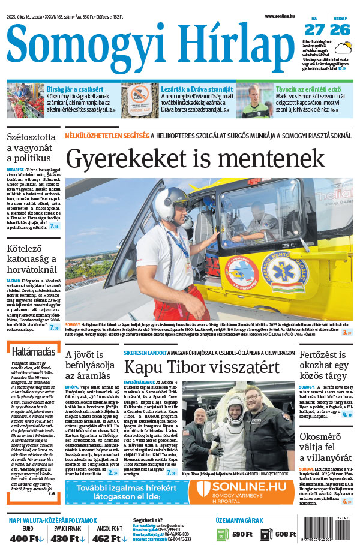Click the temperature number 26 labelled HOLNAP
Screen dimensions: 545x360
pos(340,29)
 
